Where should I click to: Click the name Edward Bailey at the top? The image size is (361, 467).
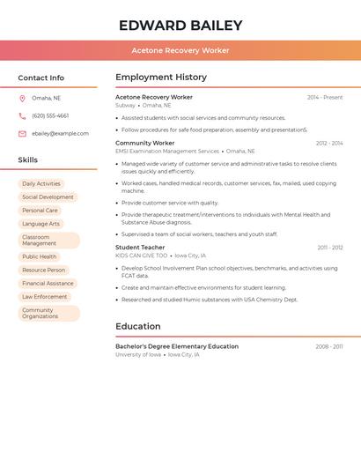pos(180,25)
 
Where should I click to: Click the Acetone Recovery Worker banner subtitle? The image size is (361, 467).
pos(180,50)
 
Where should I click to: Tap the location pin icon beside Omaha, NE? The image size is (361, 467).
pos(22,98)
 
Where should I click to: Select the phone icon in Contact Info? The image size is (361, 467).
pos(22,115)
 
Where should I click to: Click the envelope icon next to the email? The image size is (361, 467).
pos(22,134)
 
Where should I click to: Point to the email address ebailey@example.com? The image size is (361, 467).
pos(60,134)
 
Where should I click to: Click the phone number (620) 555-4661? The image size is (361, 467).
pos(50,115)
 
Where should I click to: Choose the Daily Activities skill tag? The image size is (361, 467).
pos(41,184)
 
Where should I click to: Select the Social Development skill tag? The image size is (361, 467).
pos(48,197)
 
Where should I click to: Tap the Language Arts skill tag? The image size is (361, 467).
pos(41,224)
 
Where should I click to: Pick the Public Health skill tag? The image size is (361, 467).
pos(40,256)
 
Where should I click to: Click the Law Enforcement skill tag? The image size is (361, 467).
pos(45,297)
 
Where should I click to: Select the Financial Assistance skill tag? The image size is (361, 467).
pos(48,284)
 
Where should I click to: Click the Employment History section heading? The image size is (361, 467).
pos(161,78)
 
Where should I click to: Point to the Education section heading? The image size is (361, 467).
pos(138,326)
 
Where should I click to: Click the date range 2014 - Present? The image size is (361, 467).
pos(325,97)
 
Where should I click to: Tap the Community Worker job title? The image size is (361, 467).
pos(145,143)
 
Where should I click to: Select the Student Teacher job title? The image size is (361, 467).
pos(140,248)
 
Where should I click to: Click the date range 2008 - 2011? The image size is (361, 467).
pos(329,346)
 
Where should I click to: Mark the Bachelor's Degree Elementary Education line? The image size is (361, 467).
pos(177,346)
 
